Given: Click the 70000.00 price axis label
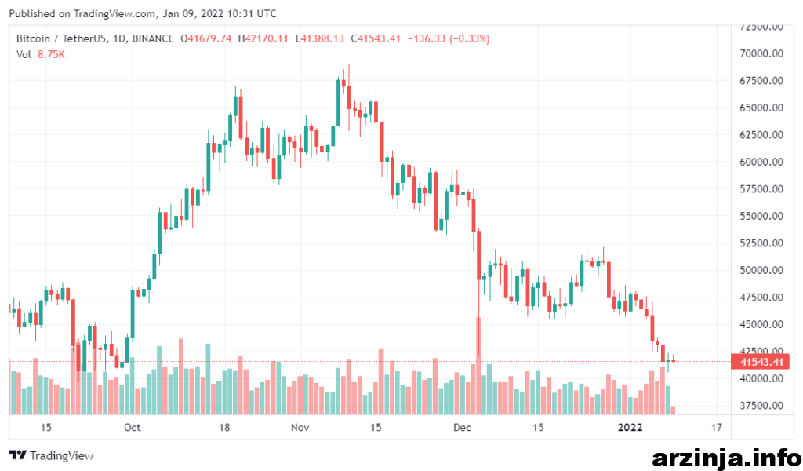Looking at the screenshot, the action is (761, 53).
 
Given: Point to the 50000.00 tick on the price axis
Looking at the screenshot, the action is (761, 270).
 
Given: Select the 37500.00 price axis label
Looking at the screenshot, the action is (761, 405).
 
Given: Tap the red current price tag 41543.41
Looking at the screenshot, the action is (761, 362).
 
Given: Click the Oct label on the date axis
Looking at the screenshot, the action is (132, 428).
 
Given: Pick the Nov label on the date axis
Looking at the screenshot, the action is (300, 428).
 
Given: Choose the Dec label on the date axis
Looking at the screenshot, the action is (462, 428).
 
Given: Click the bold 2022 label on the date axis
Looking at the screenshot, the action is (630, 428).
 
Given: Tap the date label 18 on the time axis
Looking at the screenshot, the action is (224, 428).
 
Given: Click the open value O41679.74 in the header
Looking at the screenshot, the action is (206, 38).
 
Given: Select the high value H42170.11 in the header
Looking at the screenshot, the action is (263, 38).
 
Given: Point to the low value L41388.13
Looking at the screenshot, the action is (320, 38).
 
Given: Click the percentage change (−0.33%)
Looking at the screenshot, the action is (470, 38).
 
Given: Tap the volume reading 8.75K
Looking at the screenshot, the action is (51, 54).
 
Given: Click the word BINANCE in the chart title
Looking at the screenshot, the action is (153, 38).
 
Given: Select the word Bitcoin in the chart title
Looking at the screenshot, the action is (33, 38).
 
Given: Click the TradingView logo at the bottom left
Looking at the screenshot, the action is (51, 455).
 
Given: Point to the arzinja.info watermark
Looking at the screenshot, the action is (726, 457).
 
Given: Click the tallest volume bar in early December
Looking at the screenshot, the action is (479, 366).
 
